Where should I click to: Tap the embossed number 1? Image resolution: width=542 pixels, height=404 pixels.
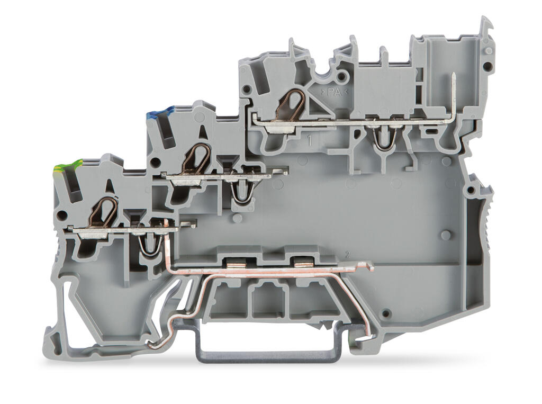pyautogui.click(x=310, y=140)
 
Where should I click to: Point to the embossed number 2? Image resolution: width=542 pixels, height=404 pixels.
pyautogui.click(x=348, y=255)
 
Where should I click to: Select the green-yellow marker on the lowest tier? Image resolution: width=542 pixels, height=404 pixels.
pyautogui.click(x=67, y=166)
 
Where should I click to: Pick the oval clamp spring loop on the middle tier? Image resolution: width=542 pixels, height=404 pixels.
pyautogui.click(x=196, y=159)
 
